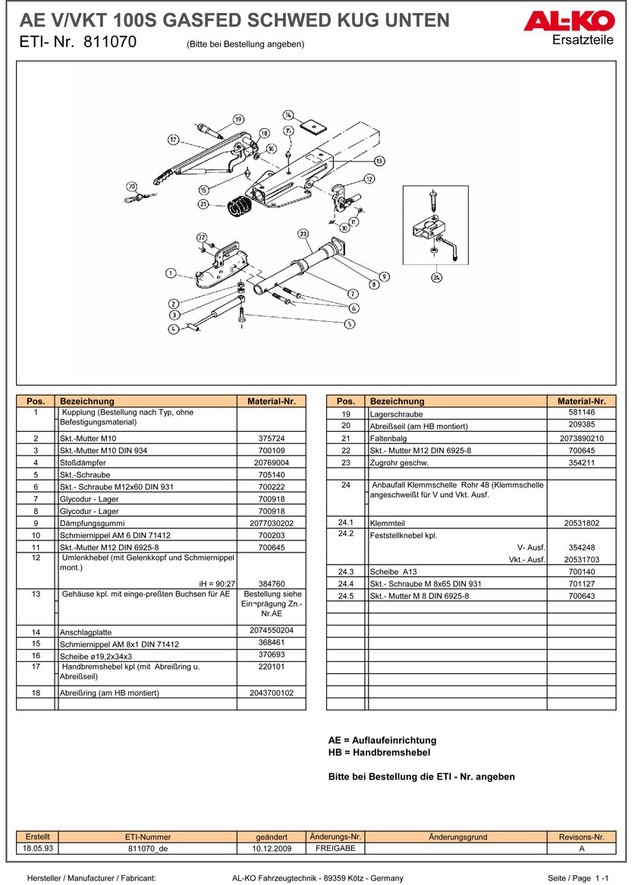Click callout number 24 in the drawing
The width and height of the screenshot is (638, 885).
(x=436, y=278)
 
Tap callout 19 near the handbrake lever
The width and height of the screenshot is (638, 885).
(x=238, y=119)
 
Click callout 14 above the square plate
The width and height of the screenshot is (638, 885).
(x=288, y=115)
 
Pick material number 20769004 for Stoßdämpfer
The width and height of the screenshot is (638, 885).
(x=271, y=462)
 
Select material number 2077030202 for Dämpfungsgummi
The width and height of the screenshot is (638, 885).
(x=271, y=523)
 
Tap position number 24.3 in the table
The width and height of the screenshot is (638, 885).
(x=346, y=571)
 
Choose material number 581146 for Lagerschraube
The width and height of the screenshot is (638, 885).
(x=581, y=413)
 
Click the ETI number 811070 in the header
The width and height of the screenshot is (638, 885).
(x=111, y=43)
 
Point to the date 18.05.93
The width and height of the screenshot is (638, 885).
(x=38, y=848)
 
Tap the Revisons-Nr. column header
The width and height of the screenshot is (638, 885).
(x=581, y=836)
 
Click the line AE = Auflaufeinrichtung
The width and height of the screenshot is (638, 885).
(x=382, y=740)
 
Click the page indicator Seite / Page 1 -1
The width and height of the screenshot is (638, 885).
(x=578, y=877)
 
